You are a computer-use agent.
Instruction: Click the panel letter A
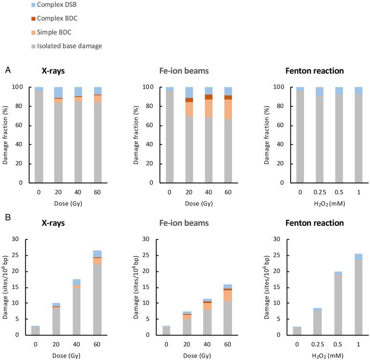pos(8,71)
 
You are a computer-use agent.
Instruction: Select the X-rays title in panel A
pos(54,71)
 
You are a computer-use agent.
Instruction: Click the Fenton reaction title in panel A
pos(314,71)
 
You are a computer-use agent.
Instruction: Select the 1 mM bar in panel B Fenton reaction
pos(358,294)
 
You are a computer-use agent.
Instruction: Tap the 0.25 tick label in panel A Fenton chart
pos(319,191)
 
